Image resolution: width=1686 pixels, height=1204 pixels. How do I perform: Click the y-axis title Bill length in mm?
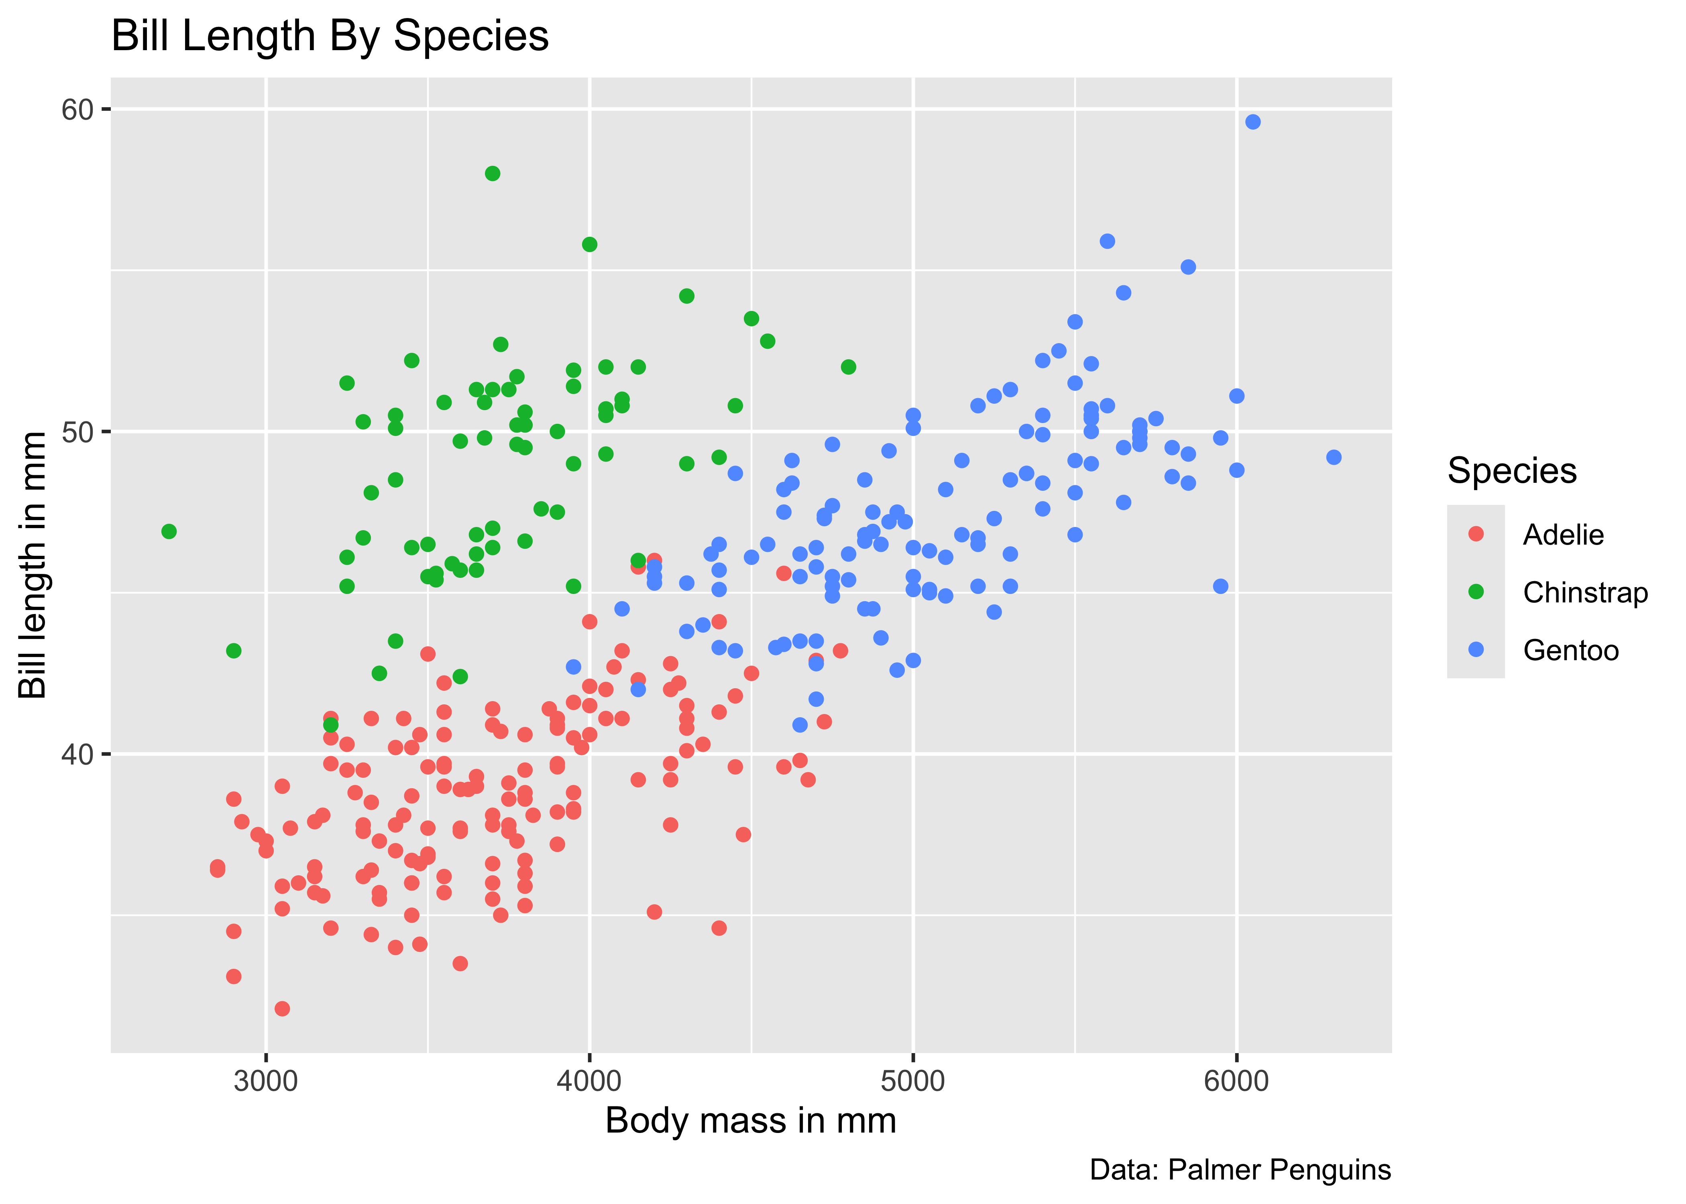(x=33, y=565)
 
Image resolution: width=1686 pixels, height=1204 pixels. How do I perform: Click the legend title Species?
(x=1512, y=471)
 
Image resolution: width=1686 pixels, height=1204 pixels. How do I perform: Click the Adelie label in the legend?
(x=1563, y=535)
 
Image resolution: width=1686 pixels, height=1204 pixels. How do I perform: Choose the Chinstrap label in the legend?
(x=1585, y=592)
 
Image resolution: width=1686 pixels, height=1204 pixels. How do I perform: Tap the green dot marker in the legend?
(x=1475, y=592)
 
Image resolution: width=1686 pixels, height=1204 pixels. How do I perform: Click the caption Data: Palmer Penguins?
(x=1240, y=1170)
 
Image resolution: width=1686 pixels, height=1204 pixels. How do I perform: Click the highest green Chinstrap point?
(x=492, y=173)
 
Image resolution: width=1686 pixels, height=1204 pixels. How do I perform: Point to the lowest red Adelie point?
(x=282, y=1008)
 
